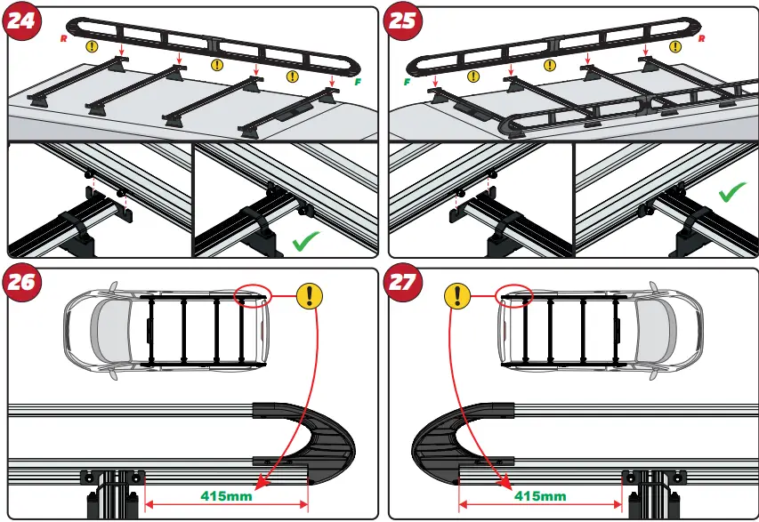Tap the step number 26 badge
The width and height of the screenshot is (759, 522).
[x=22, y=283]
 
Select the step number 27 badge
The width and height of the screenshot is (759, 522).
[x=404, y=283]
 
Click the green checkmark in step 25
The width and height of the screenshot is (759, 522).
[x=732, y=193]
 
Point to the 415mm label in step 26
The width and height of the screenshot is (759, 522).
[x=226, y=495]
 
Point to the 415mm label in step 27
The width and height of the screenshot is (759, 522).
[x=540, y=495]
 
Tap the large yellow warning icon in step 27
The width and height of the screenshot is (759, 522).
[x=456, y=296]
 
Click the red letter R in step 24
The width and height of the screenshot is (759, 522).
[x=62, y=40]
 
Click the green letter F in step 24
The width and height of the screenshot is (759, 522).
[x=358, y=81]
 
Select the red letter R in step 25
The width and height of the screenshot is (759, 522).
[x=702, y=40]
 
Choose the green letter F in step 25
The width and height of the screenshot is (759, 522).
[x=406, y=82]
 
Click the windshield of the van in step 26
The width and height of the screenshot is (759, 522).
[x=109, y=329]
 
